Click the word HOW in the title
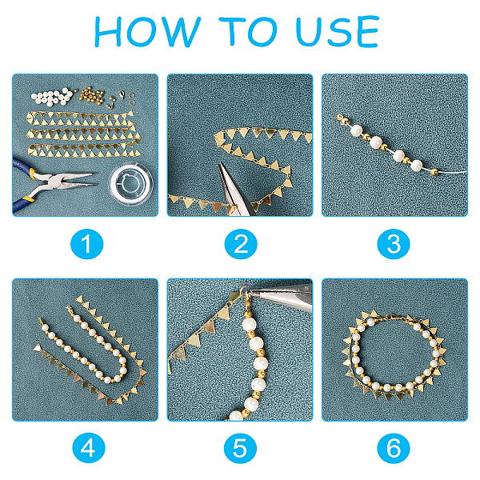pos(147,31)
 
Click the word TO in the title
pos(248,31)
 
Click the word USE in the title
pos(338,31)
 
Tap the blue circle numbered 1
pos(87,244)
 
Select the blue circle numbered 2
pos(241,244)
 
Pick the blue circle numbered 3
pos(394,244)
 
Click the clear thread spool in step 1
pos(131,183)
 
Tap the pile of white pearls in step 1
pos(52,97)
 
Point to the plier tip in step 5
pos(250,293)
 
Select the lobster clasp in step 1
pos(122,94)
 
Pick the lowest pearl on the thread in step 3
pos(416,166)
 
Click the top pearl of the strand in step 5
pos(249,324)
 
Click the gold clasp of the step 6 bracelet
pos(392,317)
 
